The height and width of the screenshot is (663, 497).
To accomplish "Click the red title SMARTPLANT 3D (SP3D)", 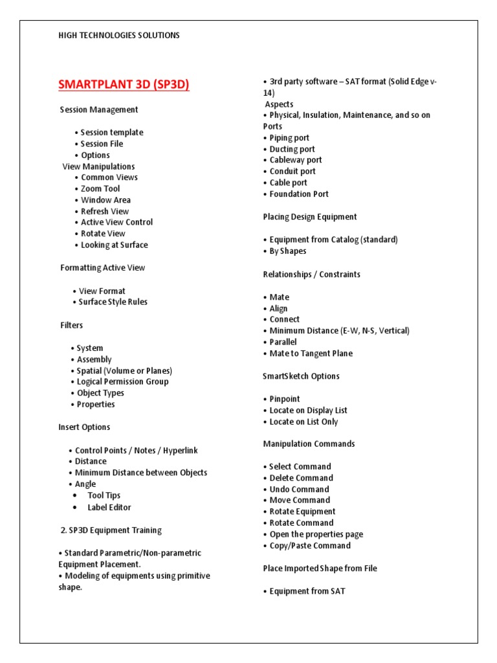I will click(124, 85).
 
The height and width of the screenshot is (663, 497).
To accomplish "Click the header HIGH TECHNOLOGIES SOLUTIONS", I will click(119, 36).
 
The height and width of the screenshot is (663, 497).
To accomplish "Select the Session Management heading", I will click(99, 109).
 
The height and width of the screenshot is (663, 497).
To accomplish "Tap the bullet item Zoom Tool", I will click(100, 188).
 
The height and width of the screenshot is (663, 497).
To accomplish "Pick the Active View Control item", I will click(116, 222).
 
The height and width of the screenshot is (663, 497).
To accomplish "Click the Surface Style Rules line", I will click(113, 302).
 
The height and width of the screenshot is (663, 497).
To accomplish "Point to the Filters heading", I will click(72, 325).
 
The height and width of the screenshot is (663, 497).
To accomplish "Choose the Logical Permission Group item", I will click(122, 381).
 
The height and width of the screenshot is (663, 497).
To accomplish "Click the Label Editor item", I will click(109, 507).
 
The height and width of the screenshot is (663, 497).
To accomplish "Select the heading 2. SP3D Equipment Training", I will click(111, 530).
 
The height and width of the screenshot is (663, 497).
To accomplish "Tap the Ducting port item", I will click(292, 149).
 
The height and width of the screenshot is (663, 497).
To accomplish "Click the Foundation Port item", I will click(298, 194).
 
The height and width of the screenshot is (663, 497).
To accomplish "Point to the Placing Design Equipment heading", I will click(310, 217).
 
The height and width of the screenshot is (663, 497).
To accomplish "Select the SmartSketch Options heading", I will click(301, 376).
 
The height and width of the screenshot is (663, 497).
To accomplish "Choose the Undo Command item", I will click(299, 489).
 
